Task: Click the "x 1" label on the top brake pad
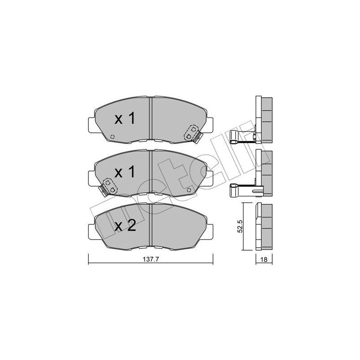(x=125, y=119)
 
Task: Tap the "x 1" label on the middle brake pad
(x=125, y=172)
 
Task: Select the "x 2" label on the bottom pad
(x=125, y=226)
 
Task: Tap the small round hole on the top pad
(x=112, y=137)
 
